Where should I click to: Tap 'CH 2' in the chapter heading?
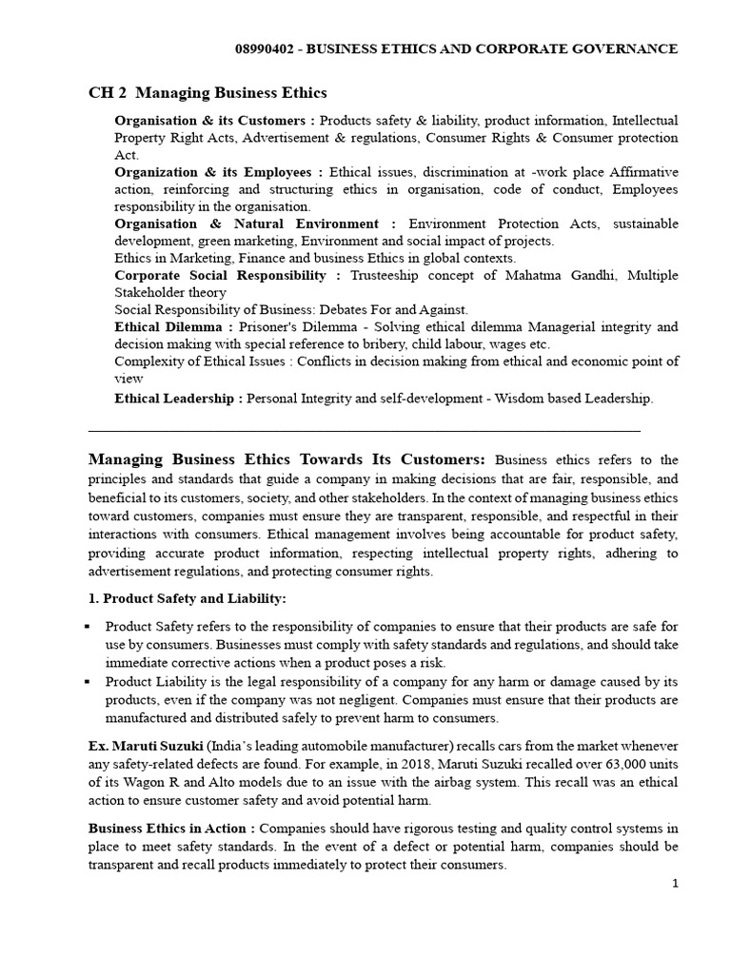coord(107,92)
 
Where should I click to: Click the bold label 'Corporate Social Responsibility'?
coord(227,275)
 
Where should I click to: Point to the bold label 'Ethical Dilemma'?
coord(173,326)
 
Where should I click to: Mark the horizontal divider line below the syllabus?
coord(364,431)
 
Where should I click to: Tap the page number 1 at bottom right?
coord(675,884)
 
